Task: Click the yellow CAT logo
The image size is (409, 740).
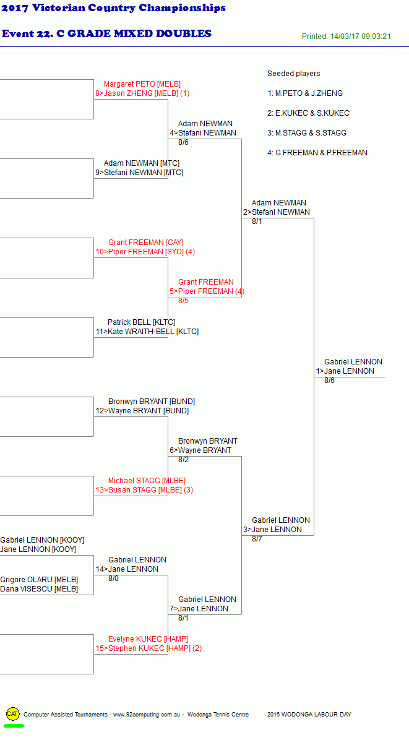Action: click(13, 713)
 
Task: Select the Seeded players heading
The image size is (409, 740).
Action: click(293, 74)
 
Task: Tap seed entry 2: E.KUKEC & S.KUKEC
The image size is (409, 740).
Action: click(309, 113)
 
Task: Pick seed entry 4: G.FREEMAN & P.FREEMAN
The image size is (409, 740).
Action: click(317, 153)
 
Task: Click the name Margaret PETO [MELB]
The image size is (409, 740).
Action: click(142, 84)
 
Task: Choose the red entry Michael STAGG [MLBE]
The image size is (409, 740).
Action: click(147, 480)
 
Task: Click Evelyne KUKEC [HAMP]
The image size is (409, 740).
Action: click(148, 639)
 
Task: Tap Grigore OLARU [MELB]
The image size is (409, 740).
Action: click(39, 580)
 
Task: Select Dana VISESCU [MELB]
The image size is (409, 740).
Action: click(39, 589)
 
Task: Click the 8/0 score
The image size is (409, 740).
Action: click(114, 579)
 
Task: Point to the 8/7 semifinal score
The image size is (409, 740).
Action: click(257, 539)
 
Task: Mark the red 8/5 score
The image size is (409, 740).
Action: click(184, 301)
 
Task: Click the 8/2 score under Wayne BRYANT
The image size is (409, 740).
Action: click(184, 460)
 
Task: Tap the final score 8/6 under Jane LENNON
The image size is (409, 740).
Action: click(329, 381)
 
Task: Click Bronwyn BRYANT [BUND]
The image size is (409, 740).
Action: click(152, 402)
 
